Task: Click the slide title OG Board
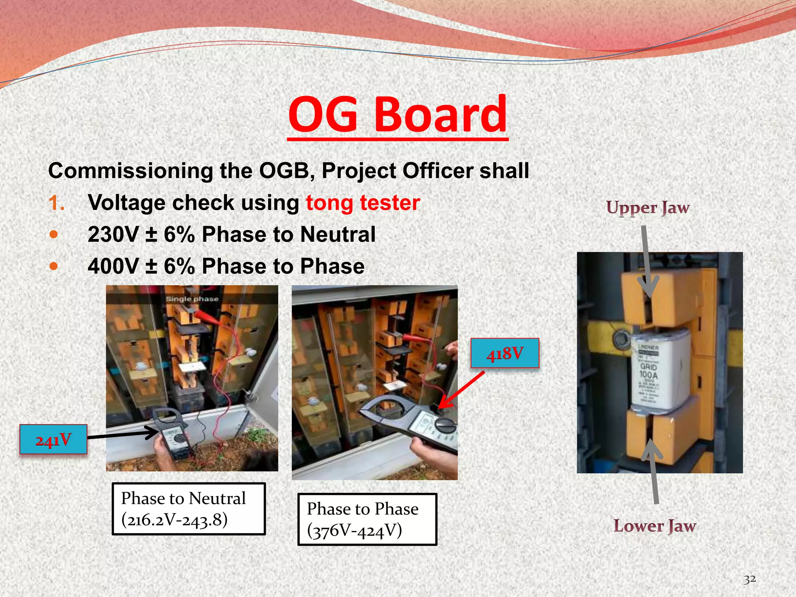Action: click(x=398, y=115)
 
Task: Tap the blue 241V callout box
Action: click(x=53, y=440)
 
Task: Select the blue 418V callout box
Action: click(x=504, y=353)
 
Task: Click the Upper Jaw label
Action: click(x=648, y=208)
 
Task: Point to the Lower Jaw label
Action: click(x=655, y=526)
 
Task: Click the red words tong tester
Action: click(x=363, y=203)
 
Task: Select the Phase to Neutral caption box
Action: click(x=189, y=509)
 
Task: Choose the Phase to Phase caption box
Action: click(x=367, y=519)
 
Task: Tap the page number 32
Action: click(x=749, y=579)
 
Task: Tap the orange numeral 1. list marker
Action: click(x=57, y=203)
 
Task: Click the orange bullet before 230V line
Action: click(x=54, y=235)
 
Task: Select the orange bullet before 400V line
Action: click(x=54, y=267)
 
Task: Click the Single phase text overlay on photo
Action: click(x=192, y=299)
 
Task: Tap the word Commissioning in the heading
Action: click(x=131, y=171)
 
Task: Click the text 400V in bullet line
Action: click(x=113, y=267)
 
